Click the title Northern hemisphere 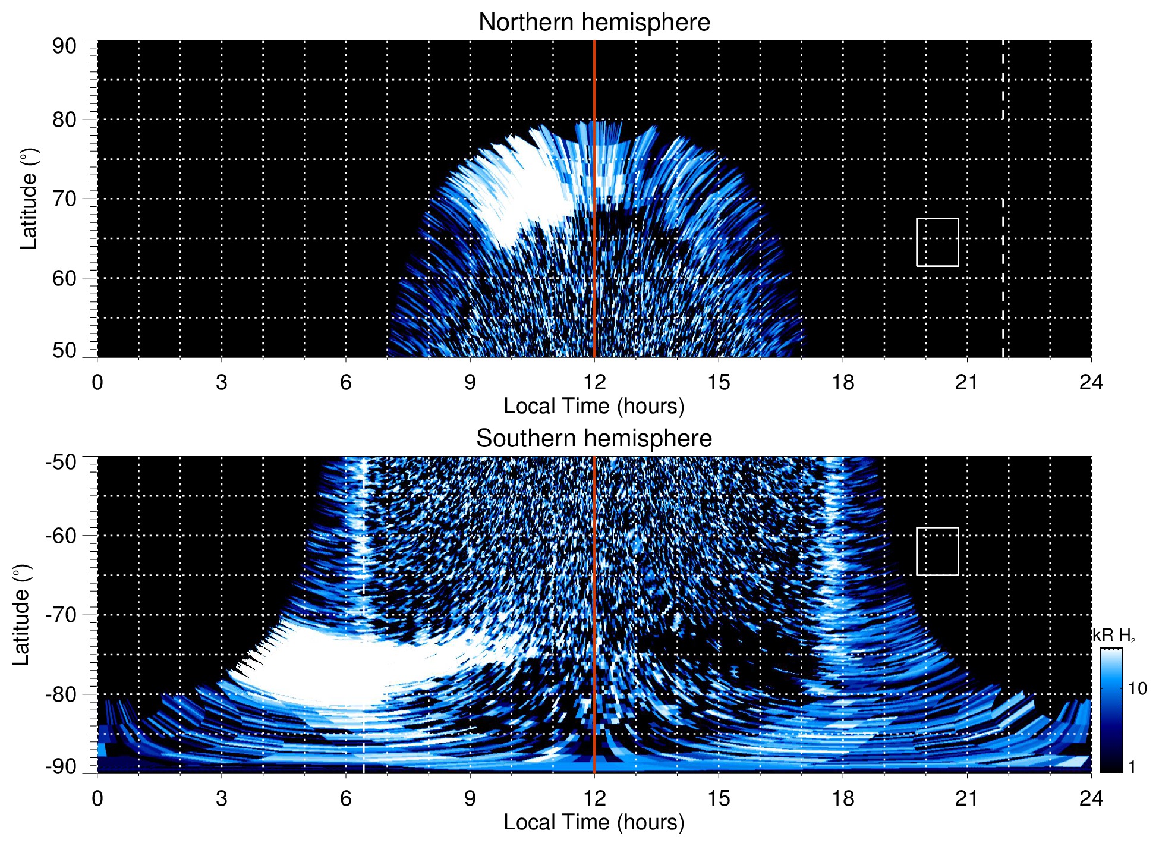coord(594,23)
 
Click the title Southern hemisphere coord(594,439)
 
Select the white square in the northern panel coord(937,242)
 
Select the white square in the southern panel coord(937,551)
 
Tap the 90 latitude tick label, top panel coord(64,46)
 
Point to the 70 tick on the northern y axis coord(64,199)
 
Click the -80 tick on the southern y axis coord(61,694)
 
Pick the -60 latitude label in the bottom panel coord(61,536)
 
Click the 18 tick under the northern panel coord(842,382)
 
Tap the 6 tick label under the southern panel coord(345,798)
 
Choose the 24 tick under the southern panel coord(1090,798)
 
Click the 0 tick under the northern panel coord(97,382)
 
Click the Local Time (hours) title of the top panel coord(594,406)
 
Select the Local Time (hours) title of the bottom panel coord(594,822)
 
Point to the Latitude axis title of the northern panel coord(29,199)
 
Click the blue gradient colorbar coord(1110,710)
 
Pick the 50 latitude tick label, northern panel coord(64,350)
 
